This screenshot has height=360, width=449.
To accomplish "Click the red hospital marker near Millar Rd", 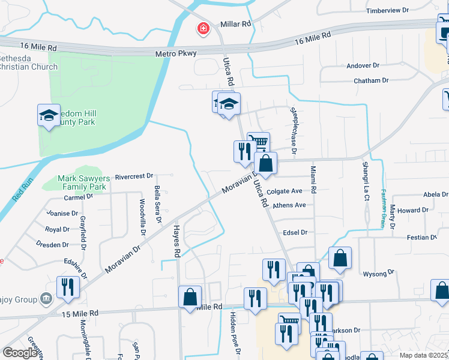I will (x=203, y=29).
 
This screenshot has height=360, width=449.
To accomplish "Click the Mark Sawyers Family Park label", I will (x=82, y=182).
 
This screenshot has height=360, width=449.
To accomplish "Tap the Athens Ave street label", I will (x=289, y=205).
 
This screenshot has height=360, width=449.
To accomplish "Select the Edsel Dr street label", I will (x=295, y=232).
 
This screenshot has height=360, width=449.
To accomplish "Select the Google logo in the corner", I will (x=20, y=352).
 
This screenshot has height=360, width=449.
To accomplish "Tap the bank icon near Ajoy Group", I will (x=45, y=299).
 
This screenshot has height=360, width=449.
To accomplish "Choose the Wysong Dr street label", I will (x=378, y=273).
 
